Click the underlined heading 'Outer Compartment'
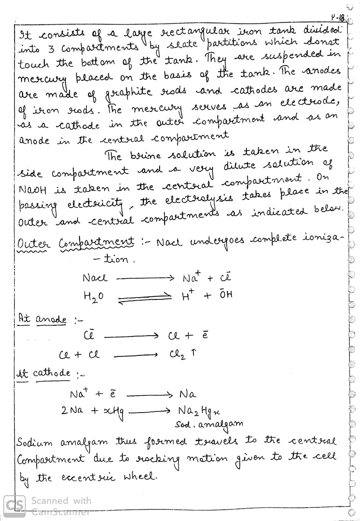pos(76,242)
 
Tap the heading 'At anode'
pos(42,319)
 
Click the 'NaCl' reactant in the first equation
pos(95,278)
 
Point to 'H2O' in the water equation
pos(93,297)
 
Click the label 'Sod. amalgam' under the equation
pos(209,424)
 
